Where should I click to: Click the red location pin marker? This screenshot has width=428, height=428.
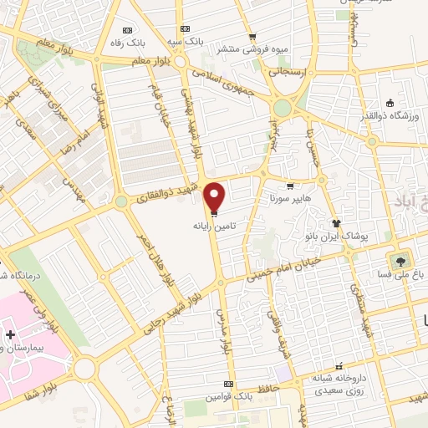pyautogui.click(x=215, y=197)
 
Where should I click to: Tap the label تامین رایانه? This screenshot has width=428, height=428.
pyautogui.click(x=214, y=226)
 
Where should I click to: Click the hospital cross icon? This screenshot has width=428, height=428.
pyautogui.click(x=9, y=334)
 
